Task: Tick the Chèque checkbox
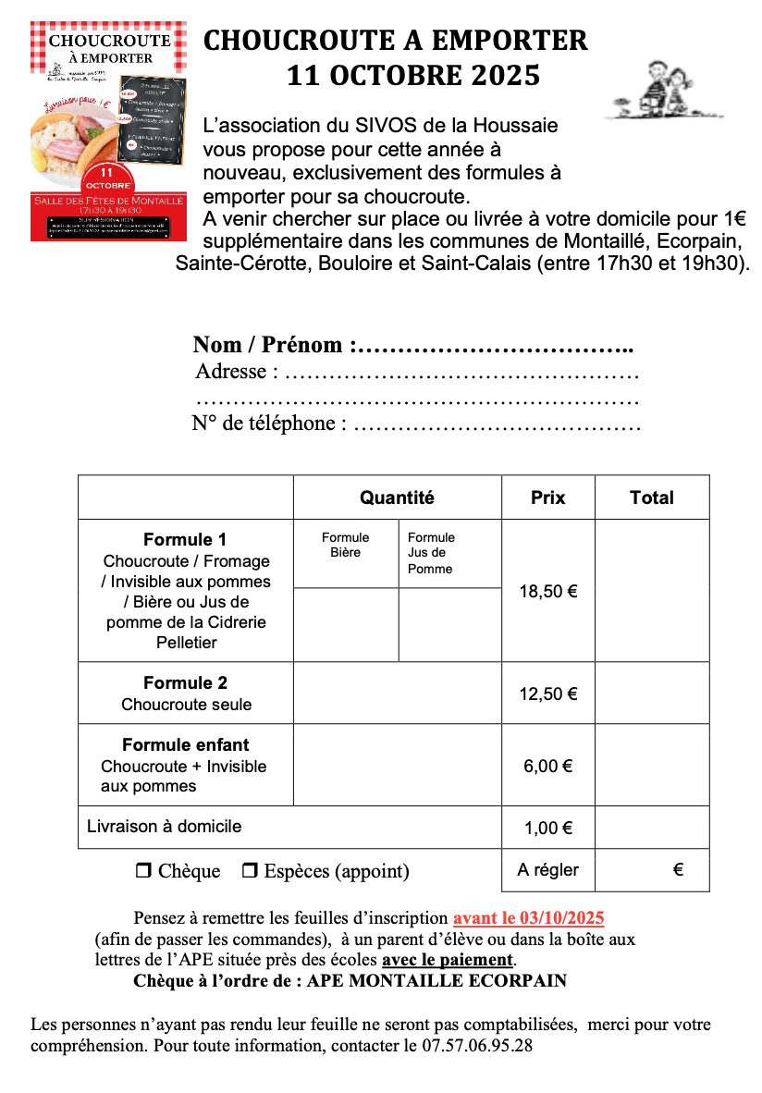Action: (x=143, y=871)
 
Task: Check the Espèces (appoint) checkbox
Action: (x=250, y=871)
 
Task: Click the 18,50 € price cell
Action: (x=547, y=592)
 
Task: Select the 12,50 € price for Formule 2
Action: (x=547, y=694)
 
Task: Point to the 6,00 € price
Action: (x=547, y=766)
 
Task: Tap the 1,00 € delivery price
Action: (x=547, y=828)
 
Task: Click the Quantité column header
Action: (x=397, y=497)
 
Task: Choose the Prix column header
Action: (x=547, y=497)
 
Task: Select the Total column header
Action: (x=651, y=497)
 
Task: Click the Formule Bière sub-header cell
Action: (x=345, y=545)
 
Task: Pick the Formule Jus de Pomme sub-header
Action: (x=431, y=552)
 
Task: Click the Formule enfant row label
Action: (x=185, y=745)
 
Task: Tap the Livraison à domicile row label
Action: (x=164, y=826)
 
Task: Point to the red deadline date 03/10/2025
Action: (x=528, y=918)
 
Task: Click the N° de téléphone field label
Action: (x=269, y=424)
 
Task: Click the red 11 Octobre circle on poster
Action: (x=106, y=178)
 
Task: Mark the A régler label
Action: (x=547, y=870)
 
